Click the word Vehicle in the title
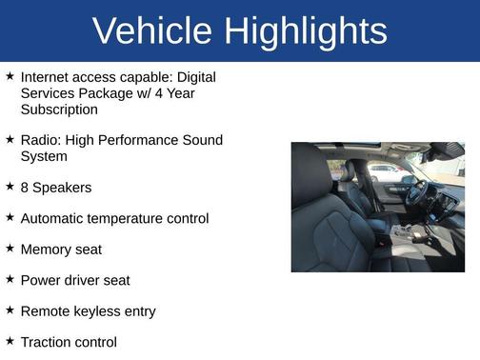point(153,31)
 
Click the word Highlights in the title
point(306,31)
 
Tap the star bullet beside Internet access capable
point(10,76)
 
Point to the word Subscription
point(59,109)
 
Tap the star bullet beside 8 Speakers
point(10,187)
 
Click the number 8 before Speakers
point(25,188)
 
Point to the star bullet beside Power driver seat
point(10,279)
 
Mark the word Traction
point(46,342)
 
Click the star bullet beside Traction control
point(10,341)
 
